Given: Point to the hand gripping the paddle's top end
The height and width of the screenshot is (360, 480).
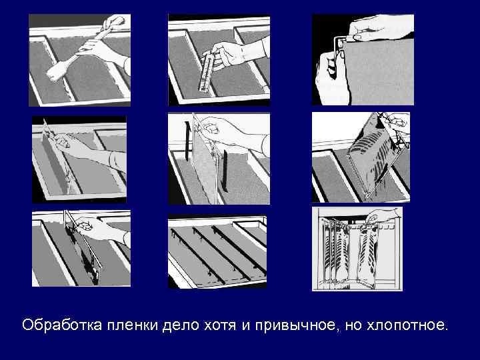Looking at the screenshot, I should click(x=115, y=21).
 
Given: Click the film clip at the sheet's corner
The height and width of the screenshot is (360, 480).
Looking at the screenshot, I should click(x=341, y=42).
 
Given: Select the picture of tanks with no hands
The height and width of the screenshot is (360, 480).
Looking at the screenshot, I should click(x=217, y=251).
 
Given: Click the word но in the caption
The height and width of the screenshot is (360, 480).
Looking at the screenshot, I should click(x=363, y=325).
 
